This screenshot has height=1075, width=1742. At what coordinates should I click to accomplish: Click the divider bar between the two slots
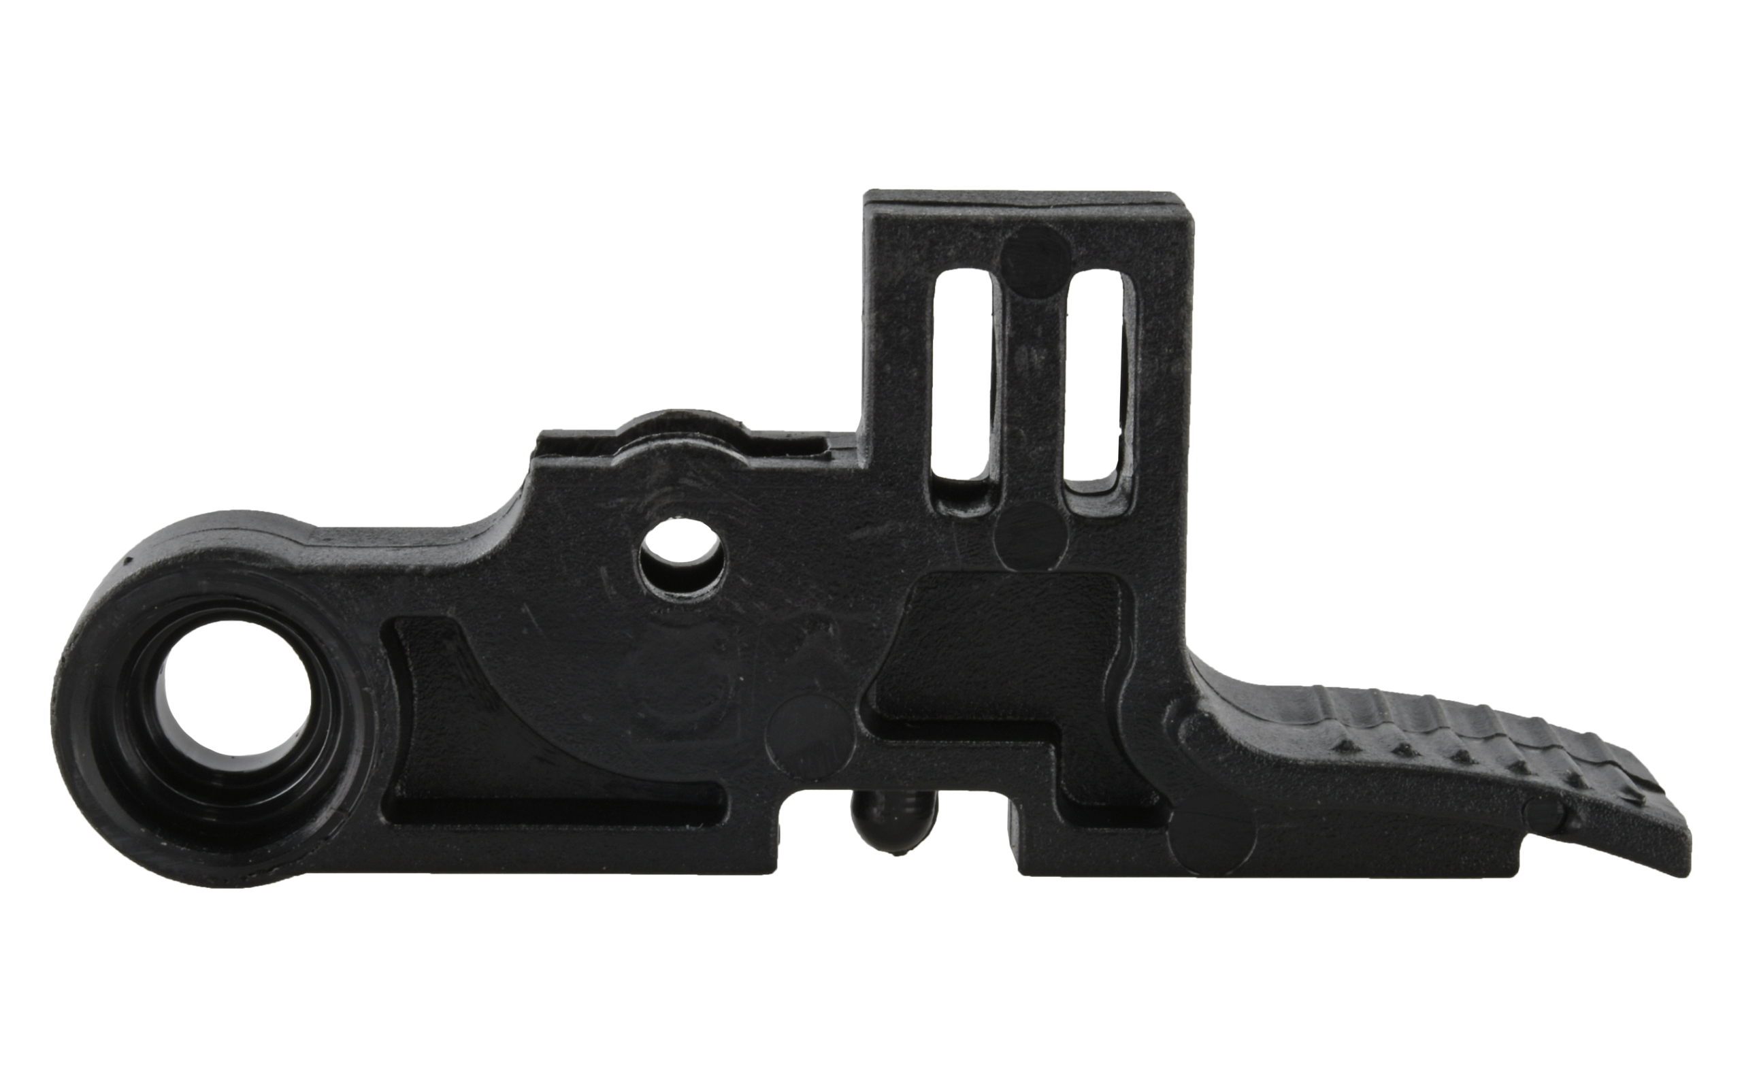pyautogui.click(x=1030, y=384)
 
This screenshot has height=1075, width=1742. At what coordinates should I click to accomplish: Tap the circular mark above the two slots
pyautogui.click(x=1034, y=259)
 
